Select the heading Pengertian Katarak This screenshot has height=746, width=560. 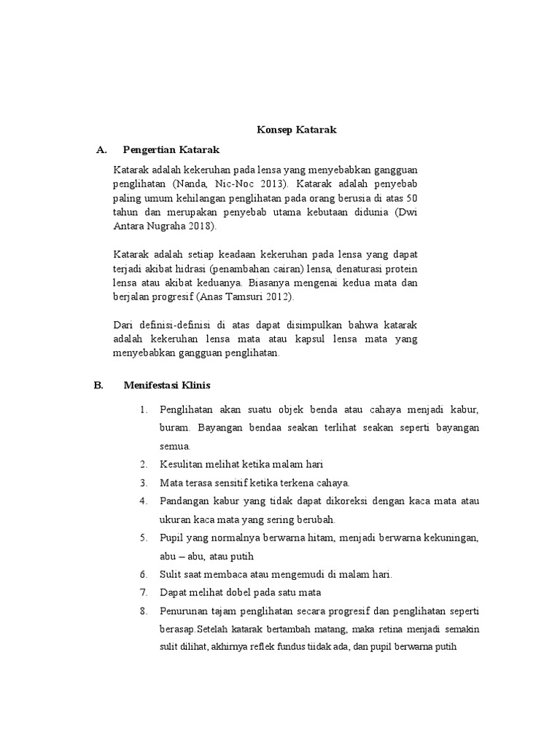(171, 150)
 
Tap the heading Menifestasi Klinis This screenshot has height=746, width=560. (167, 385)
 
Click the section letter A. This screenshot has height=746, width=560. (102, 150)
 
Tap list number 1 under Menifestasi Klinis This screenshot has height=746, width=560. (143, 409)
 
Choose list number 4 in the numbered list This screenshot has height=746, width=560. (143, 501)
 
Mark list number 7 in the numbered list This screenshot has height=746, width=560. (143, 592)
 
